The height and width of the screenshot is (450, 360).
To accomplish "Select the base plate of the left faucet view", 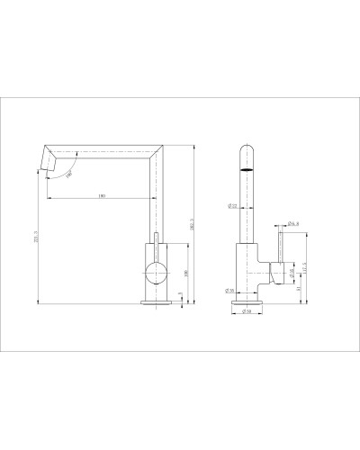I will [155, 304].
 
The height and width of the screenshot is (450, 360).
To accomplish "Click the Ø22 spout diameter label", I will [230, 207].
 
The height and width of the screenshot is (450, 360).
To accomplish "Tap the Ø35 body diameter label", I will [230, 291].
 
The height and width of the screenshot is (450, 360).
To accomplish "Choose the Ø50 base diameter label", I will [247, 312].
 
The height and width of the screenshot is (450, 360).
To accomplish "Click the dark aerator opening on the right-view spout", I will [247, 167].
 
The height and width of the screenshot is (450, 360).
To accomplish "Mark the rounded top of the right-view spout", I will [247, 147].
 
